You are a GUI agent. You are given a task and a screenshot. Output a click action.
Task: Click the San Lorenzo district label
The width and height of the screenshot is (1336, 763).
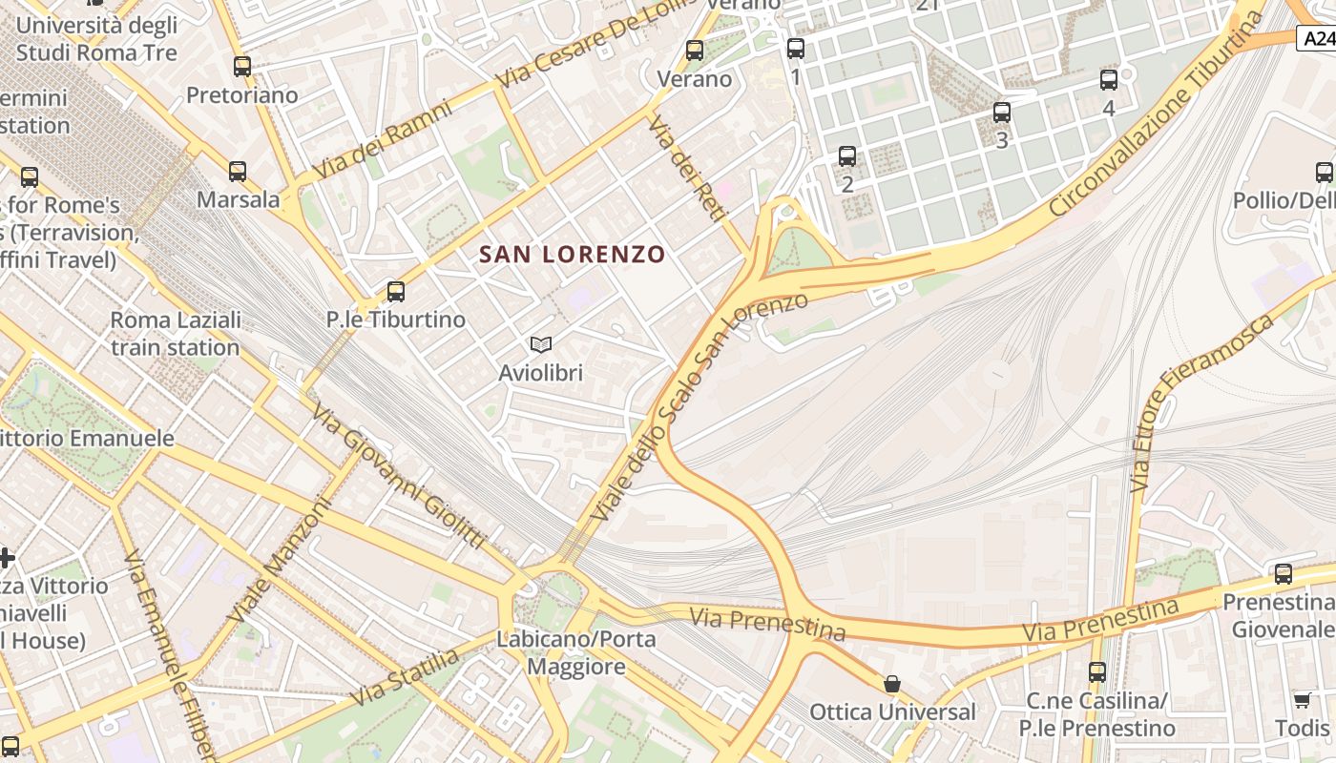click(572, 255)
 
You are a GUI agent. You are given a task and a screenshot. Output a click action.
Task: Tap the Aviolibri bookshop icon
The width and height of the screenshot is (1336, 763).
click(540, 345)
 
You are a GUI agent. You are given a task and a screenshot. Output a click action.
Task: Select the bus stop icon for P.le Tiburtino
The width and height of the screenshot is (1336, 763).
click(396, 292)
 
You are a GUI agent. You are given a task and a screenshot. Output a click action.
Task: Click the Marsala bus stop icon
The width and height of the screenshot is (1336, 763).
click(238, 172)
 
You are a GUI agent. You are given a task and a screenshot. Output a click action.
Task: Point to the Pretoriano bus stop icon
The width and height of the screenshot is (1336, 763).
click(242, 67)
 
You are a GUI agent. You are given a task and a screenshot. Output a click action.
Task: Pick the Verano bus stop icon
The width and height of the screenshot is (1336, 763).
click(695, 51)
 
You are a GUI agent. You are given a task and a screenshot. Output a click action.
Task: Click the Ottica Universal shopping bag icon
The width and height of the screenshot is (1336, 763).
click(892, 684)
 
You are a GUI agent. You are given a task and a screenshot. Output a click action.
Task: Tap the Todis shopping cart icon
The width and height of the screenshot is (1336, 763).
click(1303, 701)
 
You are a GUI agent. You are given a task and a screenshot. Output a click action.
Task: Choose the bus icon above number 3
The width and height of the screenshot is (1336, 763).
click(1002, 113)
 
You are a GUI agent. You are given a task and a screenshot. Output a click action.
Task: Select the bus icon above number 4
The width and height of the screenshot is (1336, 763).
click(1109, 80)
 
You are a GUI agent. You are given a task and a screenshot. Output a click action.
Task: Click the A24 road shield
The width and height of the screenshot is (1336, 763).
click(1317, 39)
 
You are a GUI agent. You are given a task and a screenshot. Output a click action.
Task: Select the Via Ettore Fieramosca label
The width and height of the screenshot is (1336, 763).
click(1203, 401)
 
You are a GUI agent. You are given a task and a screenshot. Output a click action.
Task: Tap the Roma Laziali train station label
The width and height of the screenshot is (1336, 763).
click(176, 333)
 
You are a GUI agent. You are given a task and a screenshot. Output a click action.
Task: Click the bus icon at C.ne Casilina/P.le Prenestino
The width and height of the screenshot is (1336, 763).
click(1097, 672)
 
